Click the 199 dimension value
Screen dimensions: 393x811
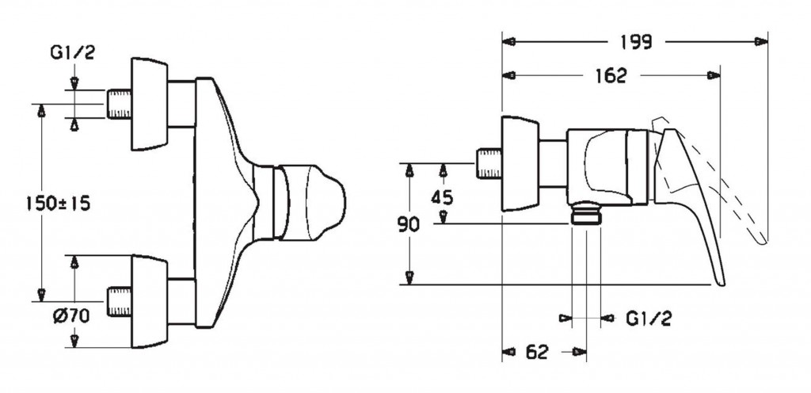tap(637, 43)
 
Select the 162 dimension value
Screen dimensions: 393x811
tap(611, 76)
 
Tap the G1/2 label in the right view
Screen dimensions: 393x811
tap(649, 319)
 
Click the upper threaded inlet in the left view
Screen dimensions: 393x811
tap(119, 103)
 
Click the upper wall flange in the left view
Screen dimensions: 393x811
tap(150, 103)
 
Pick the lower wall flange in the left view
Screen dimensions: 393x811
tap(150, 302)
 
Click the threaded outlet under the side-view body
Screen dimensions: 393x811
tap(586, 215)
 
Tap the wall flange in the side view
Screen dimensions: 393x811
tap(520, 164)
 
